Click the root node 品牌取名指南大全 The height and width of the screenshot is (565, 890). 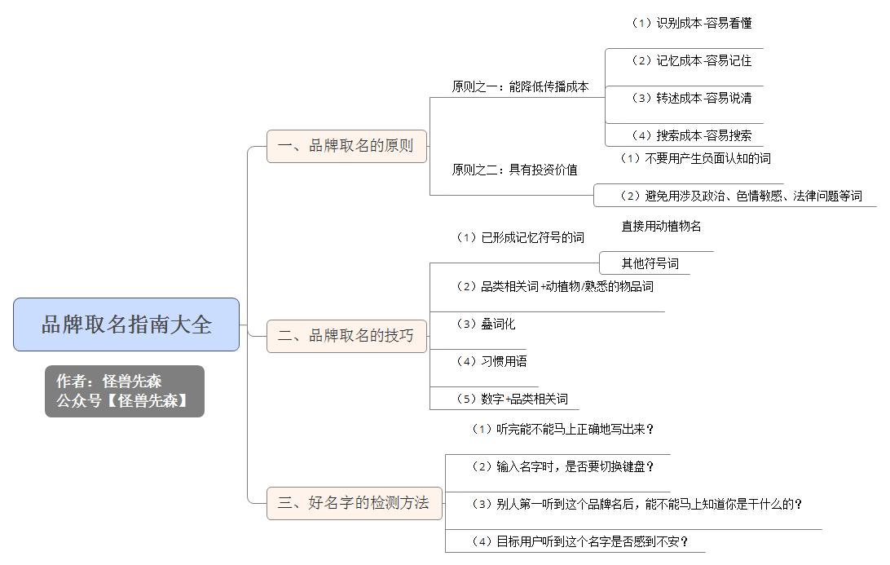[126, 324]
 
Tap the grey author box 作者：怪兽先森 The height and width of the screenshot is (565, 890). [125, 391]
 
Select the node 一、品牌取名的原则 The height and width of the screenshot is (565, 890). [346, 146]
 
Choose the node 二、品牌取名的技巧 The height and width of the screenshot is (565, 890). [346, 336]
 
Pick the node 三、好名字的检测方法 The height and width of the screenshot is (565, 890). [355, 503]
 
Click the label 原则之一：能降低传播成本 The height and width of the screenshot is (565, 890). [520, 86]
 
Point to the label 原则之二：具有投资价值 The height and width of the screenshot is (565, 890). [514, 170]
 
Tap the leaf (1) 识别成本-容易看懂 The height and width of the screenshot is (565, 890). [691, 23]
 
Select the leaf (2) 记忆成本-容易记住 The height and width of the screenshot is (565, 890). [691, 60]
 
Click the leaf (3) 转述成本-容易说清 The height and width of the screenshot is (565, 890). [691, 98]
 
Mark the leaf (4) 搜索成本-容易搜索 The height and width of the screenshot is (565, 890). [691, 135]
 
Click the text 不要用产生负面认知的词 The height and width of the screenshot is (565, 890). [707, 158]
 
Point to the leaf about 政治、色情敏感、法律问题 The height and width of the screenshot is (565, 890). [741, 196]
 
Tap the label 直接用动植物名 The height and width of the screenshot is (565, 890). [661, 226]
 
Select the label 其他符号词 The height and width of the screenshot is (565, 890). [650, 263]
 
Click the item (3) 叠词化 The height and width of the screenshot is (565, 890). [485, 324]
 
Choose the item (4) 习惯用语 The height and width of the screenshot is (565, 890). [491, 361]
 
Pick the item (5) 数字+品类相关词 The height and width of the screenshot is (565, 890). [512, 399]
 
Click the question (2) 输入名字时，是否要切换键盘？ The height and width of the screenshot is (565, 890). [562, 466]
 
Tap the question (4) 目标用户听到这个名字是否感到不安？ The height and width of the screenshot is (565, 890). [579, 541]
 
